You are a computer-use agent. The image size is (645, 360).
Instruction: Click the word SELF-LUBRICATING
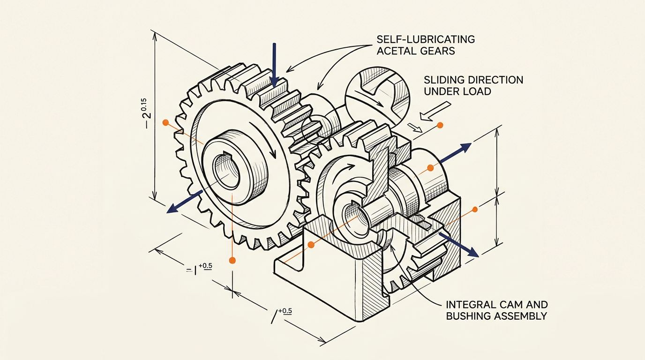pyautogui.click(x=426, y=39)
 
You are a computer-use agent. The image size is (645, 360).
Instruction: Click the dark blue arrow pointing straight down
pyautogui.click(x=274, y=65)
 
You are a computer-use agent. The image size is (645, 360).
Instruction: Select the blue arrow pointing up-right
pyautogui.click(x=455, y=153)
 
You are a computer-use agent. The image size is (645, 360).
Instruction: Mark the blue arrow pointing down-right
pyautogui.click(x=458, y=245)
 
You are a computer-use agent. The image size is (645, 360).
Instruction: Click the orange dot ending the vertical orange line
pyautogui.click(x=232, y=260)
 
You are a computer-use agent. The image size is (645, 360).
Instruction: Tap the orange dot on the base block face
pyautogui.click(x=311, y=245)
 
